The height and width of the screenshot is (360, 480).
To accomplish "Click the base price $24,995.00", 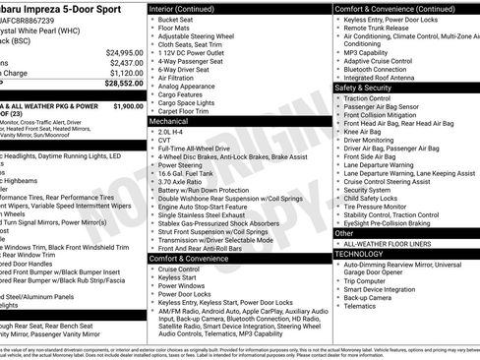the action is [x=126, y=51].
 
